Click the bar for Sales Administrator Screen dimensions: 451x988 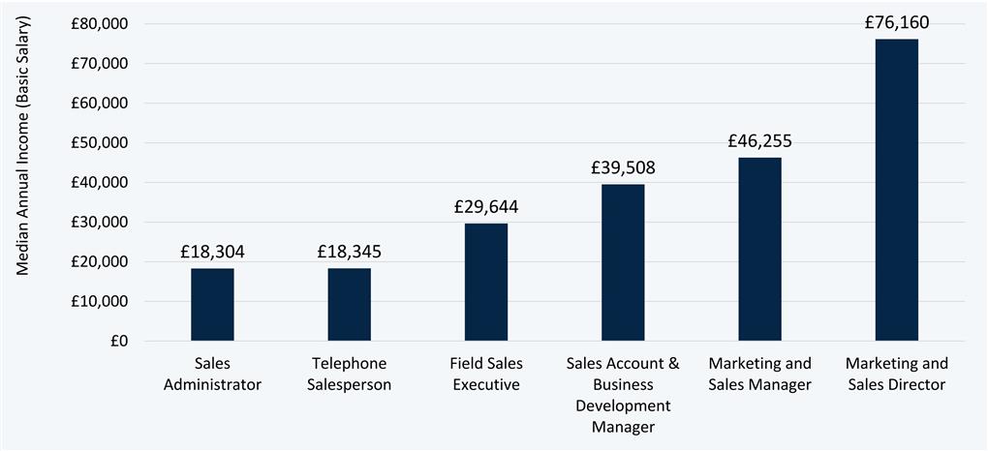[212, 304]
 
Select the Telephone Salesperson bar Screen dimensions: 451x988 [349, 304]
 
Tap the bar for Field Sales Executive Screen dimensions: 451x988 [485, 282]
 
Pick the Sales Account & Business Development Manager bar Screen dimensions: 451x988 [623, 262]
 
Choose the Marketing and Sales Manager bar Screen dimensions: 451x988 [759, 249]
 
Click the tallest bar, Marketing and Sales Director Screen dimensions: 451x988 [896, 190]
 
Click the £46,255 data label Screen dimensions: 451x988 [759, 140]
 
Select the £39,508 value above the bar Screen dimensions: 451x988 [623, 167]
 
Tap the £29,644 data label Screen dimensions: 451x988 [485, 206]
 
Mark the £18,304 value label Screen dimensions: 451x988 [212, 252]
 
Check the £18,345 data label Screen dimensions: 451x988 [349, 252]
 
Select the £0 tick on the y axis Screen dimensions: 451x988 [120, 342]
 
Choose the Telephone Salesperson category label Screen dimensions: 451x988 [349, 374]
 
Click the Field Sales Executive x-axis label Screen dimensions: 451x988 [485, 374]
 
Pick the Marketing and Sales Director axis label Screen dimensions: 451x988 [896, 374]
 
